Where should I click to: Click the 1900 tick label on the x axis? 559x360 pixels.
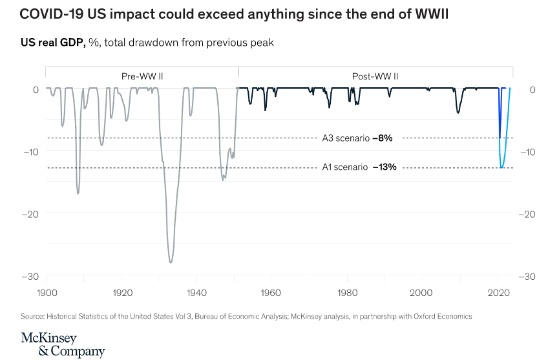click(46, 293)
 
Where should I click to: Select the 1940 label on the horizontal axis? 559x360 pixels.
click(197, 293)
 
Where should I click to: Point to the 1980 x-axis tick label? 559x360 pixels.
click(348, 293)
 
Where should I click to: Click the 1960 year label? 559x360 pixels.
click(273, 293)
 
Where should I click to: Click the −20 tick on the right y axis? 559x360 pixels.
click(527, 214)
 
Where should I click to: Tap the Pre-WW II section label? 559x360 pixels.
click(142, 76)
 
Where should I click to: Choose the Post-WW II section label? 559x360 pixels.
click(375, 76)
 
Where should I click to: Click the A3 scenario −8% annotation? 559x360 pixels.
click(357, 138)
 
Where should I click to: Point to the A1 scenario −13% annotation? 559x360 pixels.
click(359, 167)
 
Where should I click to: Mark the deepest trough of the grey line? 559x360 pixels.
click(171, 262)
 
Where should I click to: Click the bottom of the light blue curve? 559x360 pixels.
click(502, 168)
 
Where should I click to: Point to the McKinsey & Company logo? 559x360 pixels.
click(62, 344)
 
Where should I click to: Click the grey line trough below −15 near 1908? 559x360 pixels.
click(78, 193)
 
